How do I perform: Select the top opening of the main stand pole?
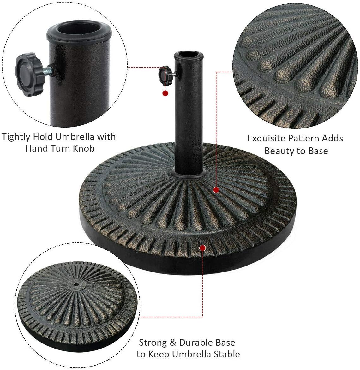(x=189, y=56)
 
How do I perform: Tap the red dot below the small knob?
(x=165, y=93)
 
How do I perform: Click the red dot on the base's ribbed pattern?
(x=216, y=190)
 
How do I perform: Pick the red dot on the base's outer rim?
(x=202, y=248)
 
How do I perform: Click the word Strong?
(x=153, y=343)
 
